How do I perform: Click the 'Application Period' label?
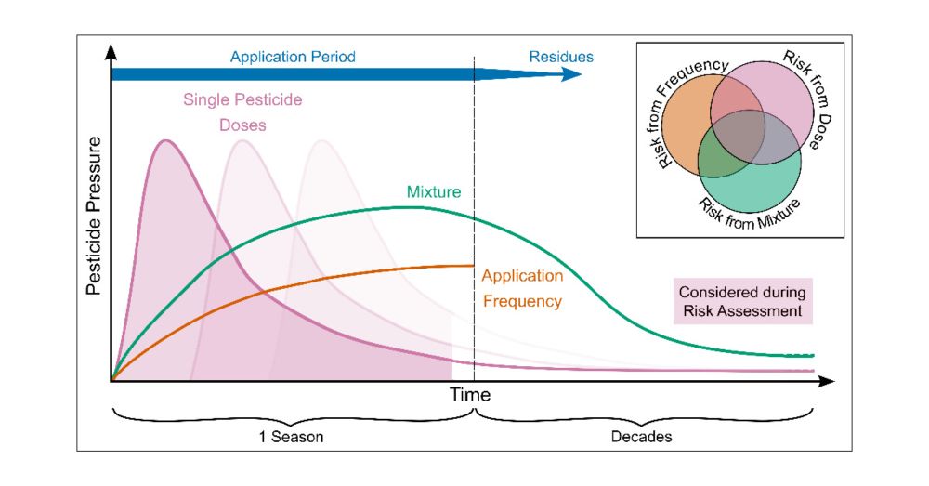(293, 58)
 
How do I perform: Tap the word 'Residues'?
(561, 58)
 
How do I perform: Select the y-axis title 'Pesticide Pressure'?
(94, 216)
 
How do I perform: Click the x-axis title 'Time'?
(470, 395)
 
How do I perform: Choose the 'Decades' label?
(641, 436)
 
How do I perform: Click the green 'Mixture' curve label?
(434, 192)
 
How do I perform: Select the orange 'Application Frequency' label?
(522, 288)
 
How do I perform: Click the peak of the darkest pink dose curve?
(166, 140)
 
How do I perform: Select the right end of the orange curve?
(474, 266)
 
